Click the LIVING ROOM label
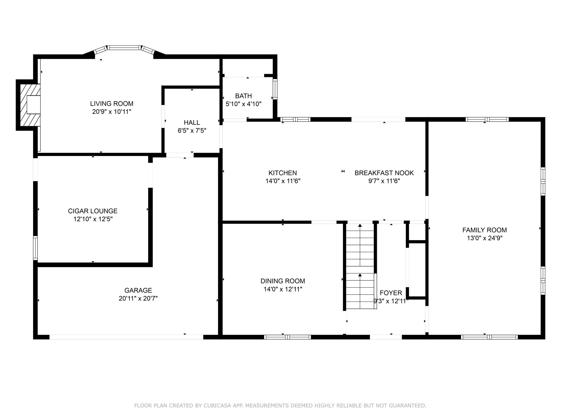pos(112,104)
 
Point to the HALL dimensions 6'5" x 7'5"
pos(192,131)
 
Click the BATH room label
pos(243,96)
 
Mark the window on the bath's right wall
pos(275,89)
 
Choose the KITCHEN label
pos(283,173)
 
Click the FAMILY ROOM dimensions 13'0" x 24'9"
pos(485,238)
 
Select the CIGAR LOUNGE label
pos(93,211)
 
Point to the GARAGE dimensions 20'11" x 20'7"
pos(138,298)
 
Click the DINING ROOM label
pos(283,281)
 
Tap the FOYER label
pos(391,293)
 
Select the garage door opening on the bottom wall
pos(126,337)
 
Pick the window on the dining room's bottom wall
pos(287,337)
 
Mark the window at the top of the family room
pos(487,119)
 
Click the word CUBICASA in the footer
pos(217,406)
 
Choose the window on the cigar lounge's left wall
pos(36,248)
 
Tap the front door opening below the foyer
pos(386,337)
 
